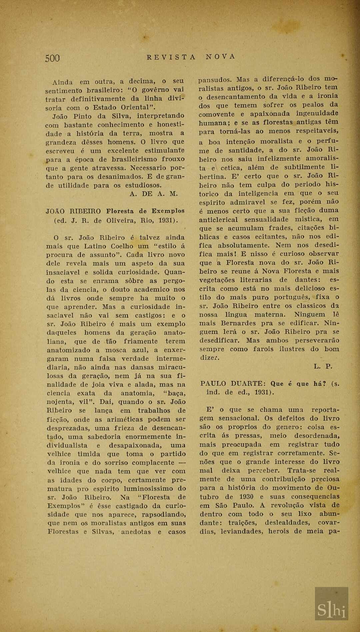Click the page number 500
pos(53,58)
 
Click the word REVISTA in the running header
pos(171,57)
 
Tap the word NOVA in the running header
pos(221,57)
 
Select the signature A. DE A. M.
pos(154,194)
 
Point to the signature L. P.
pos(323,367)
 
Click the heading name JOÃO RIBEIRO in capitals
pos(73,211)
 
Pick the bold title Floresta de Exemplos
pos(145,211)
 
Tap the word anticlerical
pos(218,219)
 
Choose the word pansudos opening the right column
pos(215,80)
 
